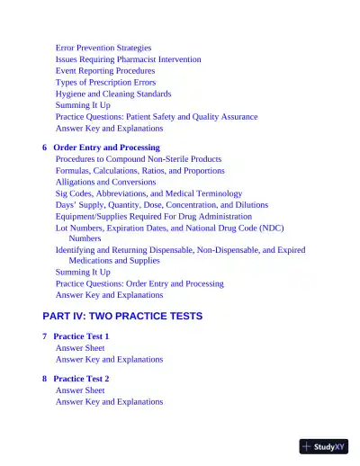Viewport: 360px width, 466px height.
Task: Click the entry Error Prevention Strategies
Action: tap(103, 48)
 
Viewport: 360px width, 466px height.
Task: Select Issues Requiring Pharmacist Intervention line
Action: tap(128, 59)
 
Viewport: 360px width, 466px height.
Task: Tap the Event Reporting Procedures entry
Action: tap(105, 70)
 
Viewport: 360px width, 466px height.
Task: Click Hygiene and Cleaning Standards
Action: tap(113, 94)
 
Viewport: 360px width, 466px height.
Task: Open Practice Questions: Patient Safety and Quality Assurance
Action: tap(157, 117)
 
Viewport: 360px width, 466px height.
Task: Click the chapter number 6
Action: tap(45, 148)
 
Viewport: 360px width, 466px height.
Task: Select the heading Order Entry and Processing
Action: tap(106, 148)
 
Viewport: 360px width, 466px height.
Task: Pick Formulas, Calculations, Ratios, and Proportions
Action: tap(140, 171)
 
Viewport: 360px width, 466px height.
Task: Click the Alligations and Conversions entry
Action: tap(105, 182)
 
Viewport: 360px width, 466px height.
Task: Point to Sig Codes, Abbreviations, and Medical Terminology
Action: tap(148, 193)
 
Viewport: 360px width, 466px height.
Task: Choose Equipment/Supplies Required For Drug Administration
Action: tap(154, 217)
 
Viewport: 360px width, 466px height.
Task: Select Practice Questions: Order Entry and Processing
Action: tap(139, 283)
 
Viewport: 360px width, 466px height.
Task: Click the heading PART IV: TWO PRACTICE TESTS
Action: tap(122, 317)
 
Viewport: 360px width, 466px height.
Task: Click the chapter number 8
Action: tap(45, 380)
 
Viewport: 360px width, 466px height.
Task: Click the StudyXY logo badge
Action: tap(324, 446)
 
